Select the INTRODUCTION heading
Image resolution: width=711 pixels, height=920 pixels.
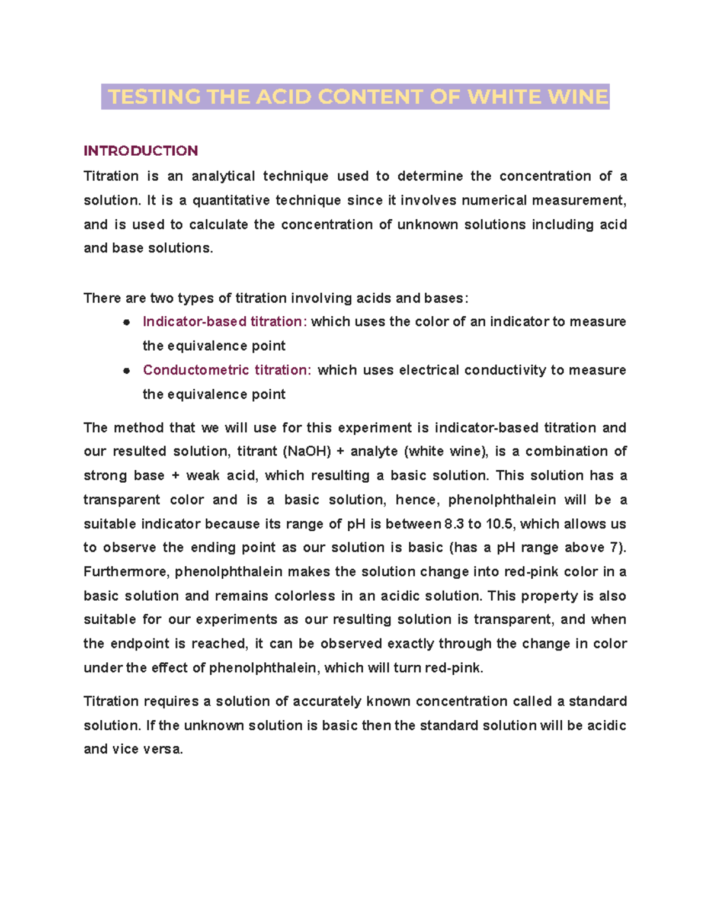140,150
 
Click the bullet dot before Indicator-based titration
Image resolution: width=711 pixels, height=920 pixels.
126,322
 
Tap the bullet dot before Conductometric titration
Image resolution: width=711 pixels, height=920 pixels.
126,371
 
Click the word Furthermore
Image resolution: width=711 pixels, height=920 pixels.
126,572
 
